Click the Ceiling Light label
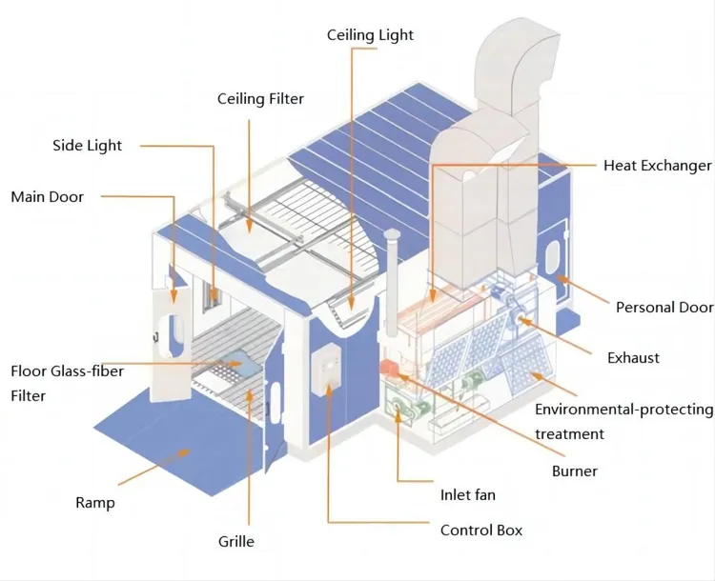370,35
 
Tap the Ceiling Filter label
260,99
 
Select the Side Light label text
87,146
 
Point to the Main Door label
48,197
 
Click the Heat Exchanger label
658,166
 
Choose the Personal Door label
664,308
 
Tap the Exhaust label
633,358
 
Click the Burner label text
575,471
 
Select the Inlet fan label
468,495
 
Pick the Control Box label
481,531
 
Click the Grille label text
236,541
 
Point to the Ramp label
94,503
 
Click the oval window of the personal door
552,256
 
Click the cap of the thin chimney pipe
391,234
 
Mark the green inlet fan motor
399,406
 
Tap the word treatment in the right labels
569,434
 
